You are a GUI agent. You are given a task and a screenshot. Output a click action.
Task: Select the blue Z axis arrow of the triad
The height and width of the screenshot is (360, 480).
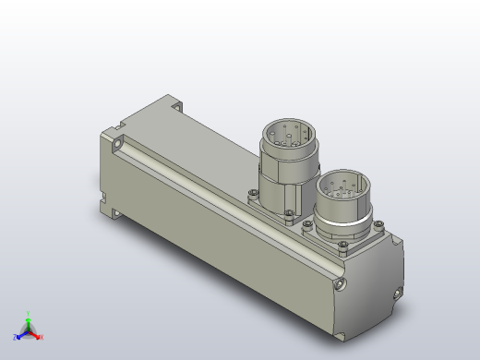pos(20,334)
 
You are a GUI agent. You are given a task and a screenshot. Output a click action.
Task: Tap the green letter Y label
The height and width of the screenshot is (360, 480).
pos(28,313)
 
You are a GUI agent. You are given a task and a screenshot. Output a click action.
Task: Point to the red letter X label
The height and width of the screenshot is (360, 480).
pos(42,337)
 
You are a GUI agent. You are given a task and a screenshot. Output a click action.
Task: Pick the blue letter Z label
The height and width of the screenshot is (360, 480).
pos(15,337)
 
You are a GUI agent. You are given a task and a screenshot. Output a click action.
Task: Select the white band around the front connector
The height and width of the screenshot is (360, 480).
pos(342,213)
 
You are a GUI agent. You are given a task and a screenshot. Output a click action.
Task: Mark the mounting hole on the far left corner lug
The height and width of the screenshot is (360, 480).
pos(118,144)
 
